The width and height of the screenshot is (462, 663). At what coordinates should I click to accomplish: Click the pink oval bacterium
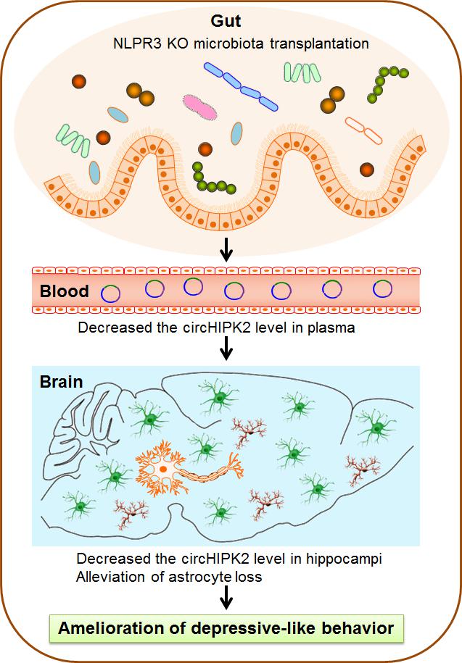point(199,107)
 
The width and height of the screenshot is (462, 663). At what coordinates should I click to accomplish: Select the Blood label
point(65,291)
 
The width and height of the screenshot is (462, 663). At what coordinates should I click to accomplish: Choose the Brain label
point(62,381)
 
